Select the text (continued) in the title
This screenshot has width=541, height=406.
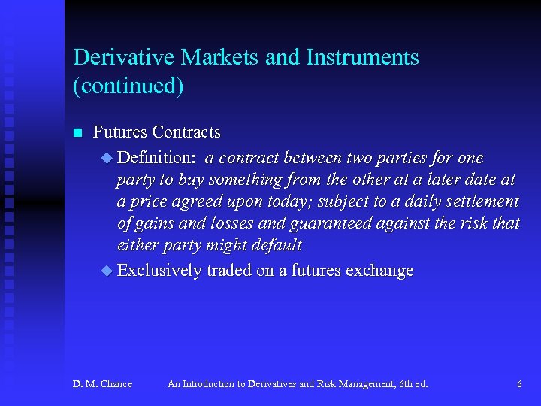(x=128, y=86)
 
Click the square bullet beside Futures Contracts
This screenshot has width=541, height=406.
(x=76, y=134)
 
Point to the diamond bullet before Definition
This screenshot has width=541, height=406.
(x=105, y=158)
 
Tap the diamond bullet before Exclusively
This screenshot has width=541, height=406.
(x=105, y=271)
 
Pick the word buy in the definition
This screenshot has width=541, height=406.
(x=190, y=180)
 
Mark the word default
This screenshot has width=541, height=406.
(x=277, y=246)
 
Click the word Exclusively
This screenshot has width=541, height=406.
(x=159, y=271)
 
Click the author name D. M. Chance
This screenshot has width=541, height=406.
(x=102, y=384)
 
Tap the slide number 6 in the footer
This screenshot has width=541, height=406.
(x=519, y=384)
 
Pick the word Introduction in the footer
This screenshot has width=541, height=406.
(x=207, y=384)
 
